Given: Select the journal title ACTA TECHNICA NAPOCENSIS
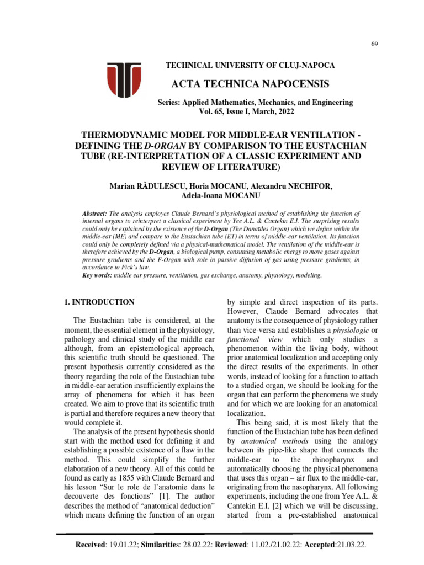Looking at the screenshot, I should click(254, 84).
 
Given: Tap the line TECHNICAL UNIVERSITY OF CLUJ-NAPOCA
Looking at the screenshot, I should click(250, 66).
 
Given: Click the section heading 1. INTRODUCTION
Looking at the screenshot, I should click(97, 302).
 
